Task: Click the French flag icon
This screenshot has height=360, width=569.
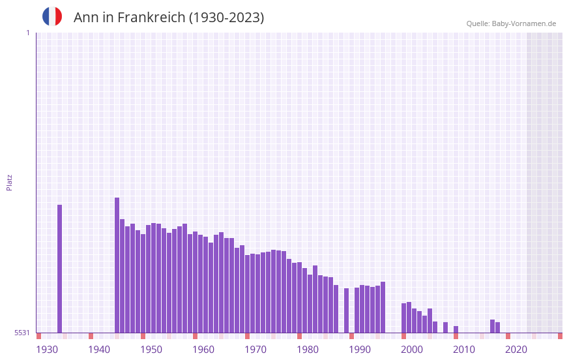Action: [52, 16]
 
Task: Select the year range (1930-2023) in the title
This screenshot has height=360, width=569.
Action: [226, 18]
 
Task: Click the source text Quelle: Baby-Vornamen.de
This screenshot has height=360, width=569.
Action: [511, 23]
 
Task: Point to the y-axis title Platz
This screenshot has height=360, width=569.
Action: [9, 182]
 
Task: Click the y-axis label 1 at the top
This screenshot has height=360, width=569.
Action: [27, 33]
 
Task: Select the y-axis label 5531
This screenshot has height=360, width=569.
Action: [22, 333]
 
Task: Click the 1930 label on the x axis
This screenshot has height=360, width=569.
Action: [47, 350]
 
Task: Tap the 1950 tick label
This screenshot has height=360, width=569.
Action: [151, 350]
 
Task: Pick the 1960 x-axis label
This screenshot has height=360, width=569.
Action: [203, 350]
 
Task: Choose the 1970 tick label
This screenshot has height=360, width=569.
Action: [255, 350]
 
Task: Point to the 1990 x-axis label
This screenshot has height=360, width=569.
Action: [360, 350]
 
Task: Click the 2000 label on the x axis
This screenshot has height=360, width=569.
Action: [412, 350]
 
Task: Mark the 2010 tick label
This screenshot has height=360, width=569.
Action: [464, 350]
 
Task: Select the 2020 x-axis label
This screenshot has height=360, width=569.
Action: [516, 350]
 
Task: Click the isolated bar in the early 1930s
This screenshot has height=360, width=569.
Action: [59, 269]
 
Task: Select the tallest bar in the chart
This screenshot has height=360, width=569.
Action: [117, 265]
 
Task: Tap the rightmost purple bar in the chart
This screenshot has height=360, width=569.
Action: [497, 327]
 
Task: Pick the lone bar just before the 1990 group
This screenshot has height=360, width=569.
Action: [346, 310]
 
